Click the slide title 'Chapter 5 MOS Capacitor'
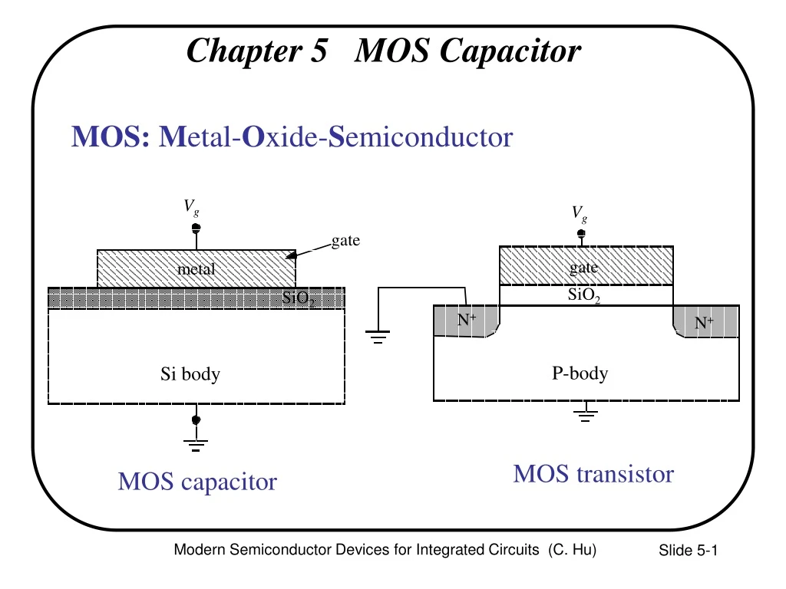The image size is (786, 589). point(384,51)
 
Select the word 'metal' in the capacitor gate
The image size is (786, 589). point(196,269)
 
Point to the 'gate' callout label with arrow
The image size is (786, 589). point(345,242)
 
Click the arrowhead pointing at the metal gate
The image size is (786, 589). point(292,255)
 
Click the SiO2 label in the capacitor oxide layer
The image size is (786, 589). point(299,298)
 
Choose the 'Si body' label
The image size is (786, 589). point(190,374)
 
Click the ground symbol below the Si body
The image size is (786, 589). point(196,443)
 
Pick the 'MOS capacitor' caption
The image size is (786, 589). point(197,482)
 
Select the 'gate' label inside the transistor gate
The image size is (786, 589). point(583,268)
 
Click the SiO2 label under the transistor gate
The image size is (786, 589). point(583,295)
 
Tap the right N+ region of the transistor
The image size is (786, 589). point(705,323)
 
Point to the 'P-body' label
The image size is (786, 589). point(580,373)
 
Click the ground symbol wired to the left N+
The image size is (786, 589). point(378,336)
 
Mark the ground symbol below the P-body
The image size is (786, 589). point(586,416)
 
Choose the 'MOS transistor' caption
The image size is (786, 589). point(593,474)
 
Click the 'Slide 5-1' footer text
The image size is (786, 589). point(687,551)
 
